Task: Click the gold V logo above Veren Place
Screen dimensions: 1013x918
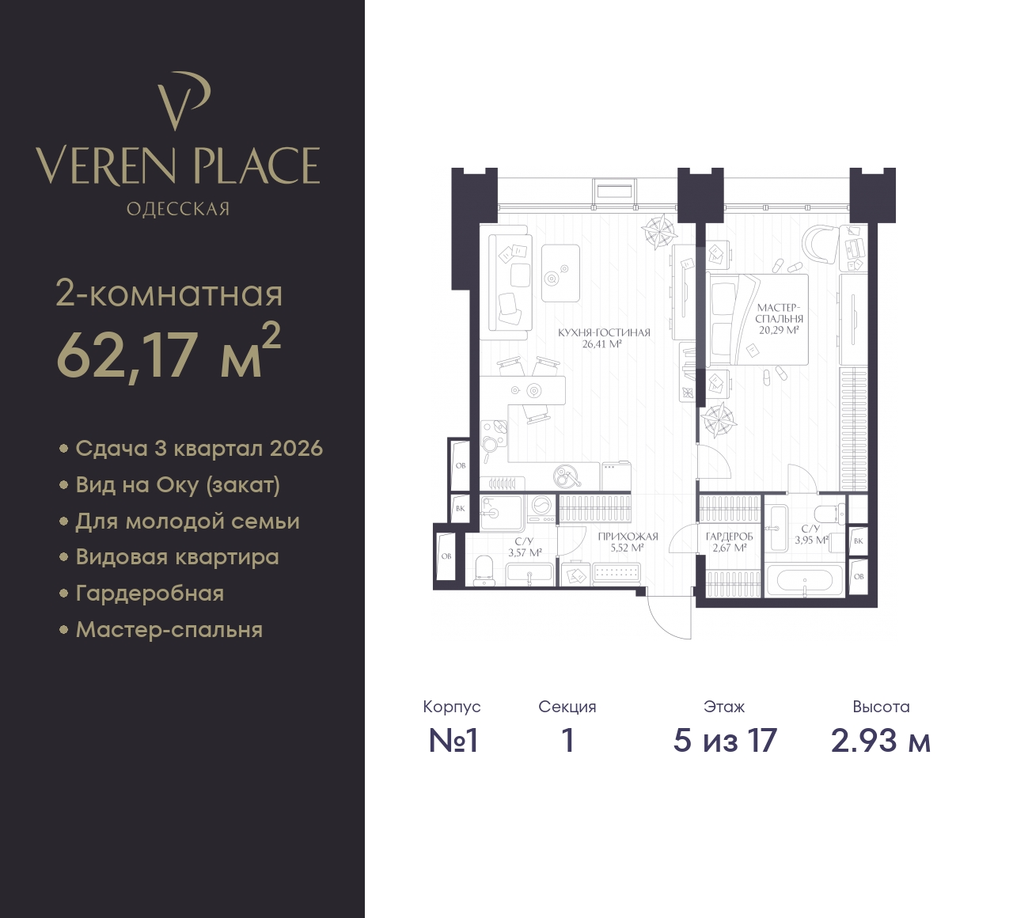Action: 182,101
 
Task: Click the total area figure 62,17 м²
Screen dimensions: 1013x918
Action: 168,354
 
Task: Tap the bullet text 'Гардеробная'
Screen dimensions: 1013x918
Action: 150,594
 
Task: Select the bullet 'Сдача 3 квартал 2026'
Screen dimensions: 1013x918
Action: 199,449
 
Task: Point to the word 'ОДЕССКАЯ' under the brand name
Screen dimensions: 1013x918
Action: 178,209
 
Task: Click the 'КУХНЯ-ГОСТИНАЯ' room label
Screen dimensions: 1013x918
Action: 604,332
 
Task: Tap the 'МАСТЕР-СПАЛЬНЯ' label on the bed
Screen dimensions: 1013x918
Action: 780,313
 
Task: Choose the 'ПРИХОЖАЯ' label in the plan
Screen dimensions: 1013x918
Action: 628,537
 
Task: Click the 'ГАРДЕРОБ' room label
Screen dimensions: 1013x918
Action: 729,537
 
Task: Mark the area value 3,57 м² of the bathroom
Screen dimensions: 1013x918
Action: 525,553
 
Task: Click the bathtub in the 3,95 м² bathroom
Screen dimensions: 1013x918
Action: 804,581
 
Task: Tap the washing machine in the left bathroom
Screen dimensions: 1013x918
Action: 542,509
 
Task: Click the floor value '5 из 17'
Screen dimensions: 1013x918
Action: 725,742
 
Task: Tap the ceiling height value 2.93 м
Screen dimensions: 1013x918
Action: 881,742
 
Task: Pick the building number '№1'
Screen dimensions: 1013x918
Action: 453,742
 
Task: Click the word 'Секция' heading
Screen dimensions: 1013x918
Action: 567,707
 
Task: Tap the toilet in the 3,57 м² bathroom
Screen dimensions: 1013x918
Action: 484,571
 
